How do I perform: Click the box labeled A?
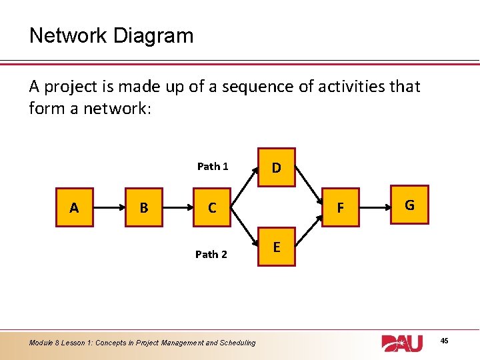[73, 208]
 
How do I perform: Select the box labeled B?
[143, 208]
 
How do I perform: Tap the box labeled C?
[212, 208]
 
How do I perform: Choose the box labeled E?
[276, 247]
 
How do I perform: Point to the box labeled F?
[340, 208]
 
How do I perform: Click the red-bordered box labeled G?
[409, 205]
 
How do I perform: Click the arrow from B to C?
[177, 208]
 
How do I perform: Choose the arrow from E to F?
[307, 228]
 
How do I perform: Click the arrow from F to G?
[375, 207]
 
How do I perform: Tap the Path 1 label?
[213, 167]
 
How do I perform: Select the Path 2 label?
[211, 254]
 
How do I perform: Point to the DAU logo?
[402, 343]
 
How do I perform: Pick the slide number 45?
[445, 341]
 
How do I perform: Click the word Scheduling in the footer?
[233, 343]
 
